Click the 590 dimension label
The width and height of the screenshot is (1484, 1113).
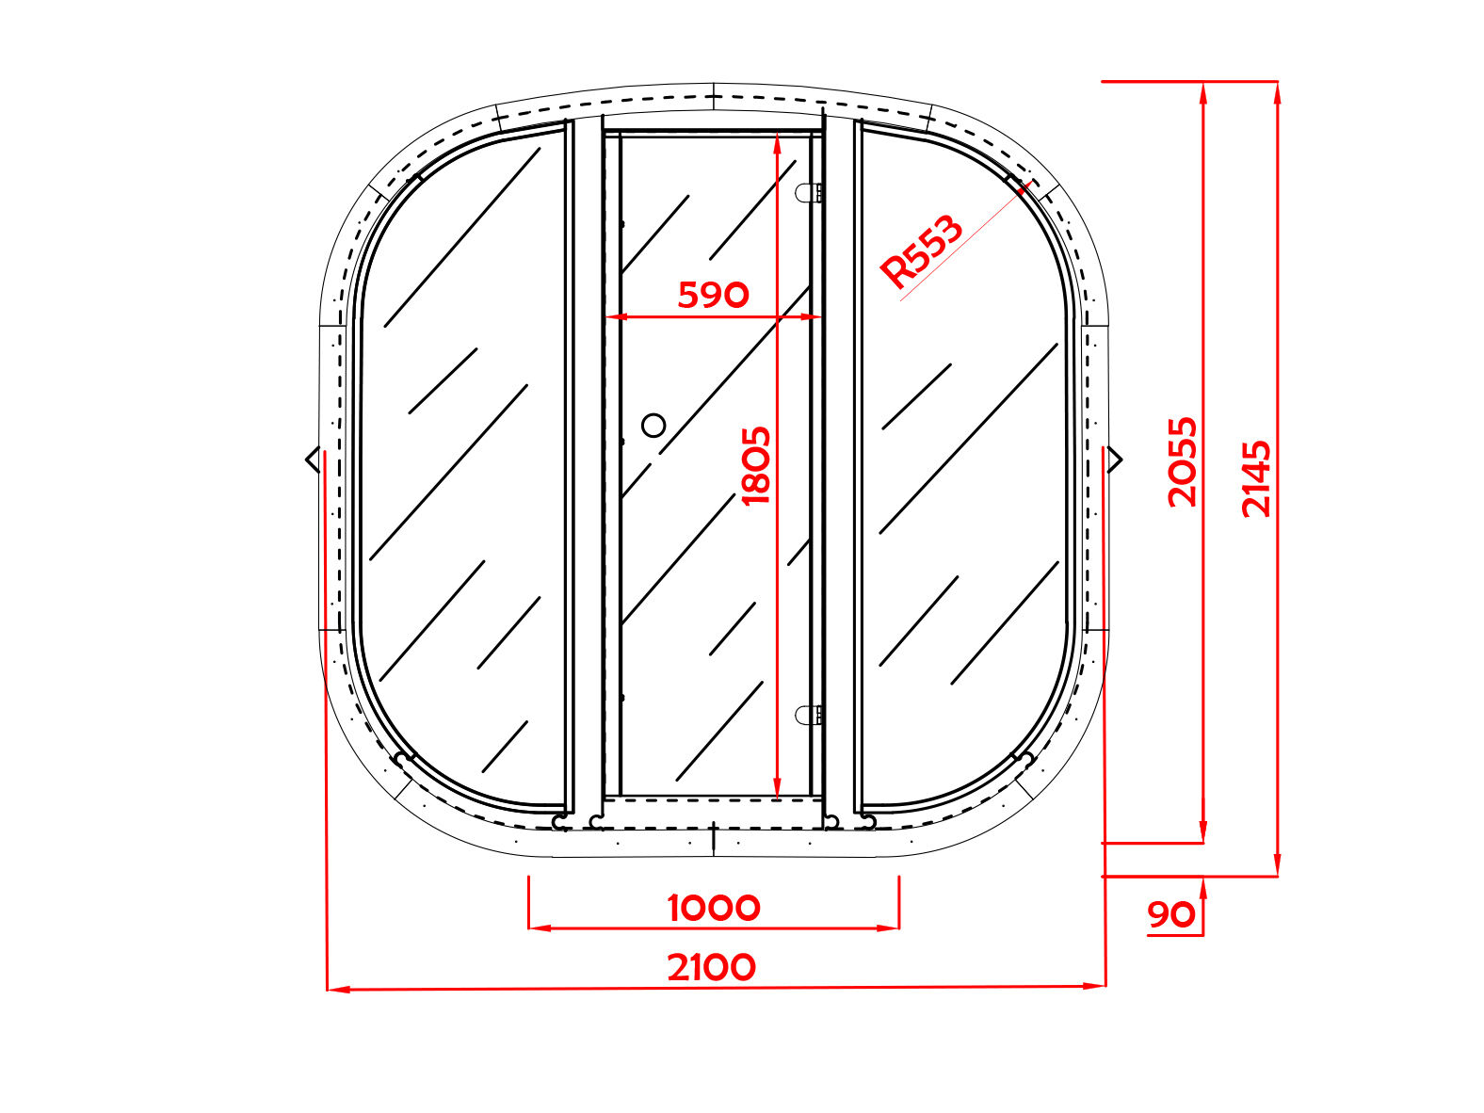(713, 295)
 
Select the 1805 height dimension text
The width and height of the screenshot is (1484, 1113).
(756, 466)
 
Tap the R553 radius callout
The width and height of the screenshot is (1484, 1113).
(921, 250)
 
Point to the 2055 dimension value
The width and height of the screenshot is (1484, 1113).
(1183, 462)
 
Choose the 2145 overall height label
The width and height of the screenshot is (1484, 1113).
(1257, 479)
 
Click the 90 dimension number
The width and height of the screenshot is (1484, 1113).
(1171, 915)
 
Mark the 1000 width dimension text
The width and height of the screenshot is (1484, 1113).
(714, 908)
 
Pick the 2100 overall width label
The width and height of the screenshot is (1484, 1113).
(712, 967)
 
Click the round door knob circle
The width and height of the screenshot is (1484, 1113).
(653, 426)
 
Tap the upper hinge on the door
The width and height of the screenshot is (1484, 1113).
(809, 193)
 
